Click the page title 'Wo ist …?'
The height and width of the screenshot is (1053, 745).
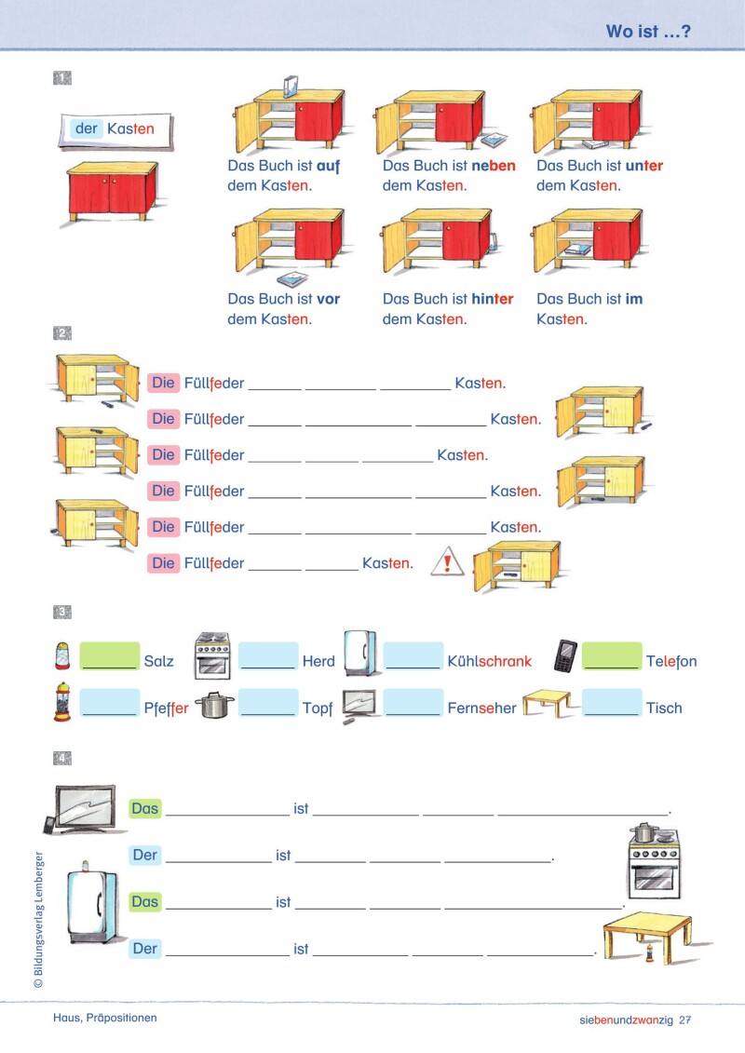click(x=648, y=32)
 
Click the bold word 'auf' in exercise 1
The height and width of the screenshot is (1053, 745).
click(x=329, y=167)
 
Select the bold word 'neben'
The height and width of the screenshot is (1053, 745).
click(x=494, y=167)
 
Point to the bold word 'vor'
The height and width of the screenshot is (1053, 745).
click(x=328, y=300)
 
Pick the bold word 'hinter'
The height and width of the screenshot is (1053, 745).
click(x=493, y=300)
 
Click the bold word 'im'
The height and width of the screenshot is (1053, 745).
click(x=633, y=300)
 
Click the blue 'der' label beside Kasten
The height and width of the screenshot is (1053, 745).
click(x=86, y=128)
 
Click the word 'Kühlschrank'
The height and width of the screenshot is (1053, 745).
click(x=489, y=662)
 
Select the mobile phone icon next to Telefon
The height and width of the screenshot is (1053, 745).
click(x=565, y=656)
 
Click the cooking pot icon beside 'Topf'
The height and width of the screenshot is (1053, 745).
click(x=215, y=706)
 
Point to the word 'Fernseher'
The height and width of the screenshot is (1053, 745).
click(x=481, y=709)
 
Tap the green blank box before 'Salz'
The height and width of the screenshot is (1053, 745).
click(x=109, y=655)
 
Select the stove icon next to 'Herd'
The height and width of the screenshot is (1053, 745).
click(x=211, y=655)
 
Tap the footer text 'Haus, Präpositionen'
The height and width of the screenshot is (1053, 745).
click(x=105, y=1018)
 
